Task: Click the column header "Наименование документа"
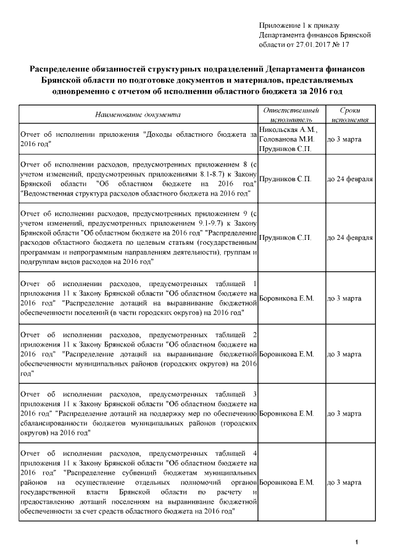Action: (137, 114)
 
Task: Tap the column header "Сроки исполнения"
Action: (350, 114)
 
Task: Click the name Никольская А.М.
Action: (288, 129)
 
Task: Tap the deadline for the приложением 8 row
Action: (349, 179)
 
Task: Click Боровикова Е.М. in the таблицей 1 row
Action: (287, 298)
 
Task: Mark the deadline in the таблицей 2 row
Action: (344, 355)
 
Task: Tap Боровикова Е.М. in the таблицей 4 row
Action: (287, 482)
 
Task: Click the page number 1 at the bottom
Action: (357, 542)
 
